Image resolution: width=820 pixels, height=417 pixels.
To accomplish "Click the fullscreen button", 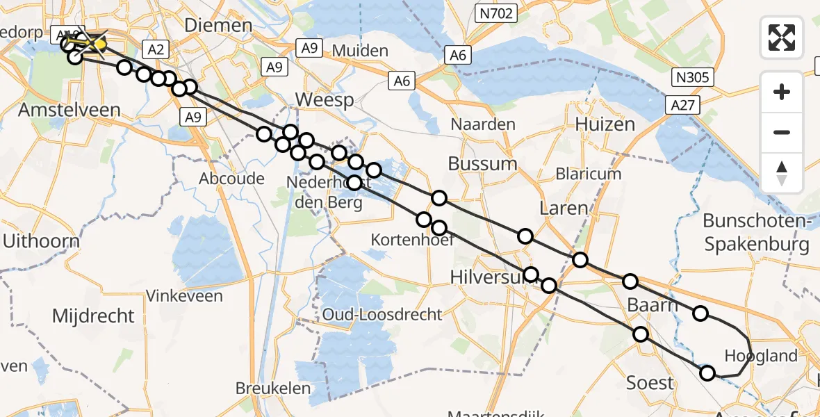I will [782, 38].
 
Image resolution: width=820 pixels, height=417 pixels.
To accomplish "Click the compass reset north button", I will [782, 172].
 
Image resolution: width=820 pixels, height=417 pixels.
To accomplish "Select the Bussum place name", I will [483, 164].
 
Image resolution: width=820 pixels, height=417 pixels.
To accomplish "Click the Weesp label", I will [325, 99].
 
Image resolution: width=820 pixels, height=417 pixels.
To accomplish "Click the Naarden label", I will [483, 124].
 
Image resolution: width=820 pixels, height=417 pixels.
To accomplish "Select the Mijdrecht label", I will [93, 316].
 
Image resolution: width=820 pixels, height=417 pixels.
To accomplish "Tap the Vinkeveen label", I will [184, 296].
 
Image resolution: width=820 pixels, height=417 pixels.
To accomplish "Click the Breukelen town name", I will [272, 388].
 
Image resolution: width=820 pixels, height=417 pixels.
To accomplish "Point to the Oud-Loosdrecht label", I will [382, 314].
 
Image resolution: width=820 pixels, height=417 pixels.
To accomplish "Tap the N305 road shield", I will [691, 77].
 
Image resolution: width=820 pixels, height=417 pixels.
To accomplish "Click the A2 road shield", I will [155, 49].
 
